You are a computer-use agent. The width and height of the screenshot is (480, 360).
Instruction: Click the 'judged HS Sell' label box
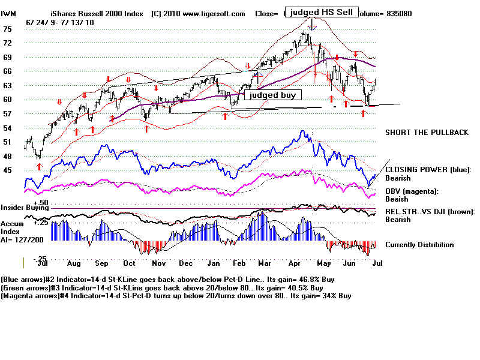click(x=321, y=11)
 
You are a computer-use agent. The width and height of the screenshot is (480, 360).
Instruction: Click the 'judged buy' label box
click(x=272, y=95)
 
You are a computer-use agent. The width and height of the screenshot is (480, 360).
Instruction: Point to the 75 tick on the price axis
click(x=8, y=29)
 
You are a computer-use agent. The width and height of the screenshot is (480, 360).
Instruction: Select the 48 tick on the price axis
click(x=8, y=156)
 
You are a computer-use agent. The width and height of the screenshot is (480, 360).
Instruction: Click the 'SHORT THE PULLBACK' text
click(x=427, y=132)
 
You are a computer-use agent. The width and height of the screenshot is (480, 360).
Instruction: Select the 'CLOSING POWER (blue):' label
click(x=428, y=170)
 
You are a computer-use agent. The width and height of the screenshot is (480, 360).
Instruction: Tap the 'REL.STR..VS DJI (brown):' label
click(x=430, y=212)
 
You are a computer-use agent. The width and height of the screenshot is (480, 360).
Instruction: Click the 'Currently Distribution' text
click(x=419, y=245)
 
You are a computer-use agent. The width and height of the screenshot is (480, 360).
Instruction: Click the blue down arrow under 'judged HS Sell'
click(x=312, y=25)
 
